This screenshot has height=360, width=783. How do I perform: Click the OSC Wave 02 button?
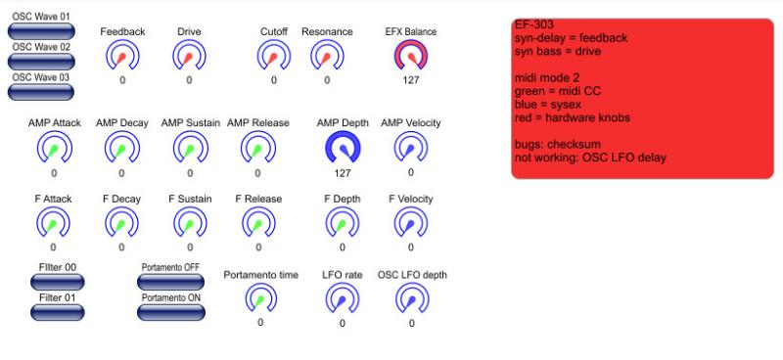tap(41, 62)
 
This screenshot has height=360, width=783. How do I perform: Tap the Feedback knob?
tap(122, 56)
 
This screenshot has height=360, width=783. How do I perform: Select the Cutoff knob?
tap(274, 56)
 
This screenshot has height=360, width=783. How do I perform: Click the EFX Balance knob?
tap(410, 56)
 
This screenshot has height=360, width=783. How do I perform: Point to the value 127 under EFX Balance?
tap(411, 80)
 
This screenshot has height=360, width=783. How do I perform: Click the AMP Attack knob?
tap(54, 148)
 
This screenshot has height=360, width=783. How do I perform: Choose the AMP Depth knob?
tap(343, 148)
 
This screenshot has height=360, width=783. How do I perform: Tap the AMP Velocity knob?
tap(410, 148)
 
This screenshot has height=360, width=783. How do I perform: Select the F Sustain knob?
tap(190, 222)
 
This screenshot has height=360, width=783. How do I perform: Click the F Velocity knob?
tap(410, 222)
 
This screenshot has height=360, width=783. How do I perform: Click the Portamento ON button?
tap(170, 312)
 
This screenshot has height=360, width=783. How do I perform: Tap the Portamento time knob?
tap(260, 298)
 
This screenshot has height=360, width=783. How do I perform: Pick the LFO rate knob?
tap(342, 299)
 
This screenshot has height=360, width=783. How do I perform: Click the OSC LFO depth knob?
tap(412, 299)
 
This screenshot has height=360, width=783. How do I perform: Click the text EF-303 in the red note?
tap(533, 24)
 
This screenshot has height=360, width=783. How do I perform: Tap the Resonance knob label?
tap(327, 31)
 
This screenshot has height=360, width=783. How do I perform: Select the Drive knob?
tap(189, 56)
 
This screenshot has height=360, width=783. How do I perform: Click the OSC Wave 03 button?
tap(41, 92)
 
